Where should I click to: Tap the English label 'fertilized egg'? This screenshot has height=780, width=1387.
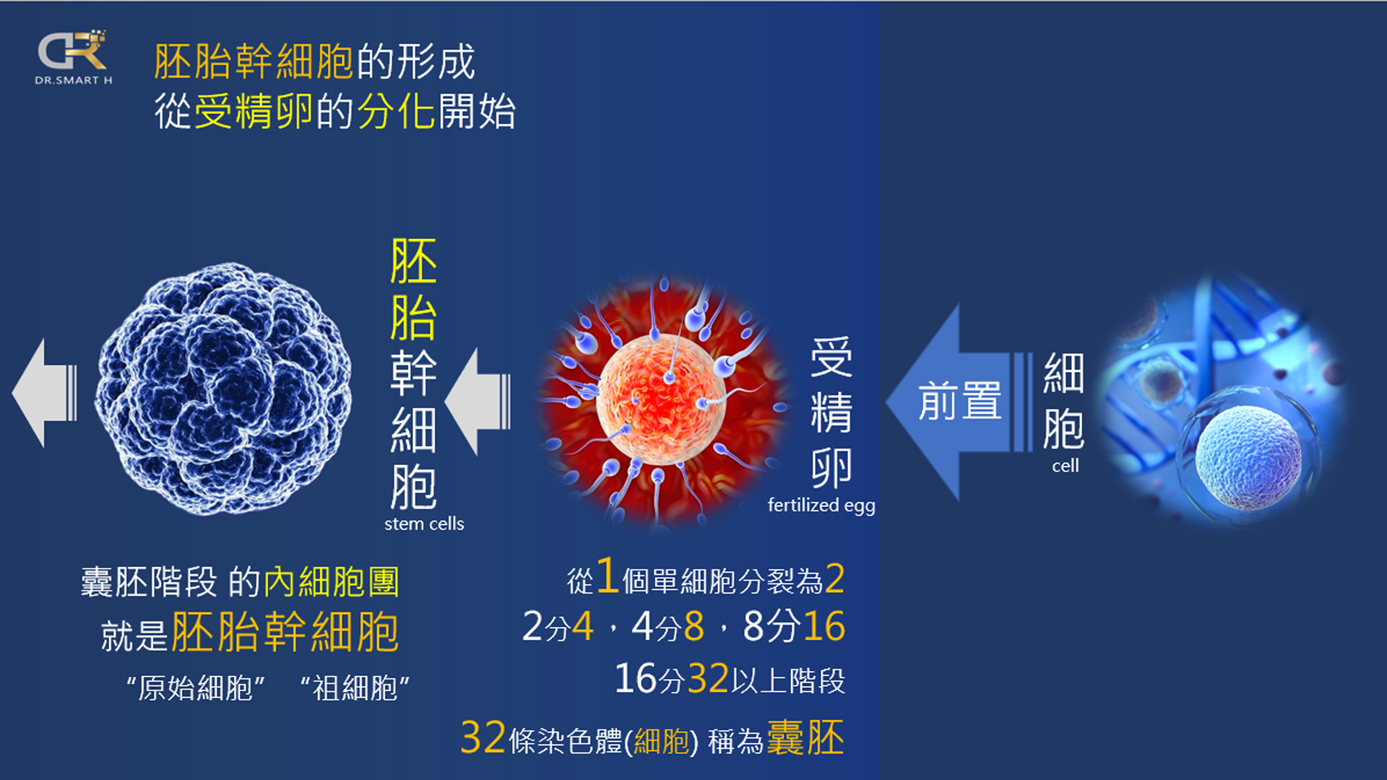point(821,505)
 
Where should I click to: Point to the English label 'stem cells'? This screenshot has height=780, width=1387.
point(424,524)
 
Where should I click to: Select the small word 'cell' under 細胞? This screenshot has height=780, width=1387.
point(1065,466)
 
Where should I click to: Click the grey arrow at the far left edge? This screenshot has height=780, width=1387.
point(44,393)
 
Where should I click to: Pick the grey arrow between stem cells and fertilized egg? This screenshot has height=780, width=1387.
point(478,402)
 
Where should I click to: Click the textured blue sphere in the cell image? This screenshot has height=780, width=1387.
point(1248,456)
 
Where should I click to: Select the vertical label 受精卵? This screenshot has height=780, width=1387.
point(831,412)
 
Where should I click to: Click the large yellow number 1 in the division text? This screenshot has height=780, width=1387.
point(607,576)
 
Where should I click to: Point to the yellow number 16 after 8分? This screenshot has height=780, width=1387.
point(824,626)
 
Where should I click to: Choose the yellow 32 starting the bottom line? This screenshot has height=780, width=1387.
point(483,738)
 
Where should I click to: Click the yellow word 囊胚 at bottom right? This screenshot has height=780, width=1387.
point(805,738)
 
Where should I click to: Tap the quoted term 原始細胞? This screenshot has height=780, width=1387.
point(195,688)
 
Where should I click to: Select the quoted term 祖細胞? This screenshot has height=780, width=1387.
point(355,688)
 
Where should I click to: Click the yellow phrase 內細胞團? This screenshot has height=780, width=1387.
point(332,581)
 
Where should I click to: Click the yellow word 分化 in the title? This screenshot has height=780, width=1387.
point(396,112)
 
